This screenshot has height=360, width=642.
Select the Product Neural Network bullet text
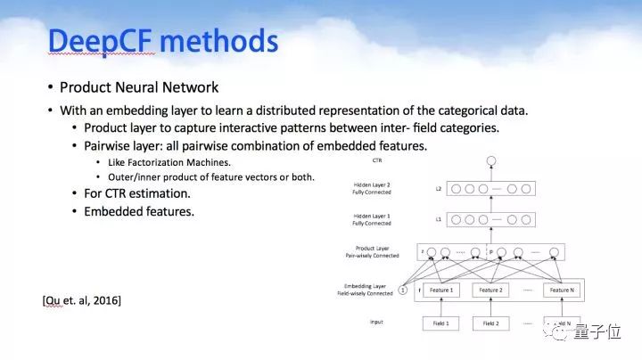coord(139,87)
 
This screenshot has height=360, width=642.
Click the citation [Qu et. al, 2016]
coord(82,300)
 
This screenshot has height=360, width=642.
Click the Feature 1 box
coord(441,290)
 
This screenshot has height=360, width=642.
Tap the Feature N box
coord(562,290)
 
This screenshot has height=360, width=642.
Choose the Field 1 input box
coord(441,323)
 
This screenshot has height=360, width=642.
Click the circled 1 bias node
coord(402,290)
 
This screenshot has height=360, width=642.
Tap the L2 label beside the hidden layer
coord(438,189)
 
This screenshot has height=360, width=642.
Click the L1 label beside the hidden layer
coord(438,218)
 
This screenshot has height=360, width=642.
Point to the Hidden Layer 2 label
coord(373,188)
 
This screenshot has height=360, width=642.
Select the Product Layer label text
coord(373,250)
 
